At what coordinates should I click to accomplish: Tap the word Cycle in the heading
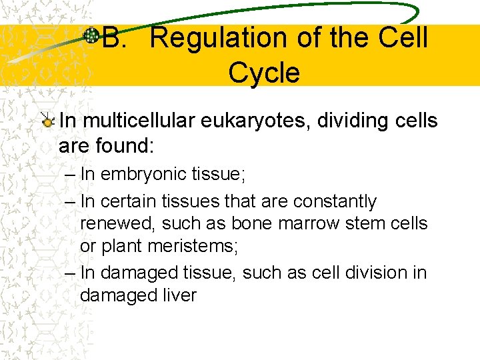click(x=264, y=73)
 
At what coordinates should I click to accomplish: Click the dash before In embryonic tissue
click(x=71, y=175)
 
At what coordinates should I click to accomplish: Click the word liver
click(x=176, y=295)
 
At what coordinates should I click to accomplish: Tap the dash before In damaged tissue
click(x=71, y=273)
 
